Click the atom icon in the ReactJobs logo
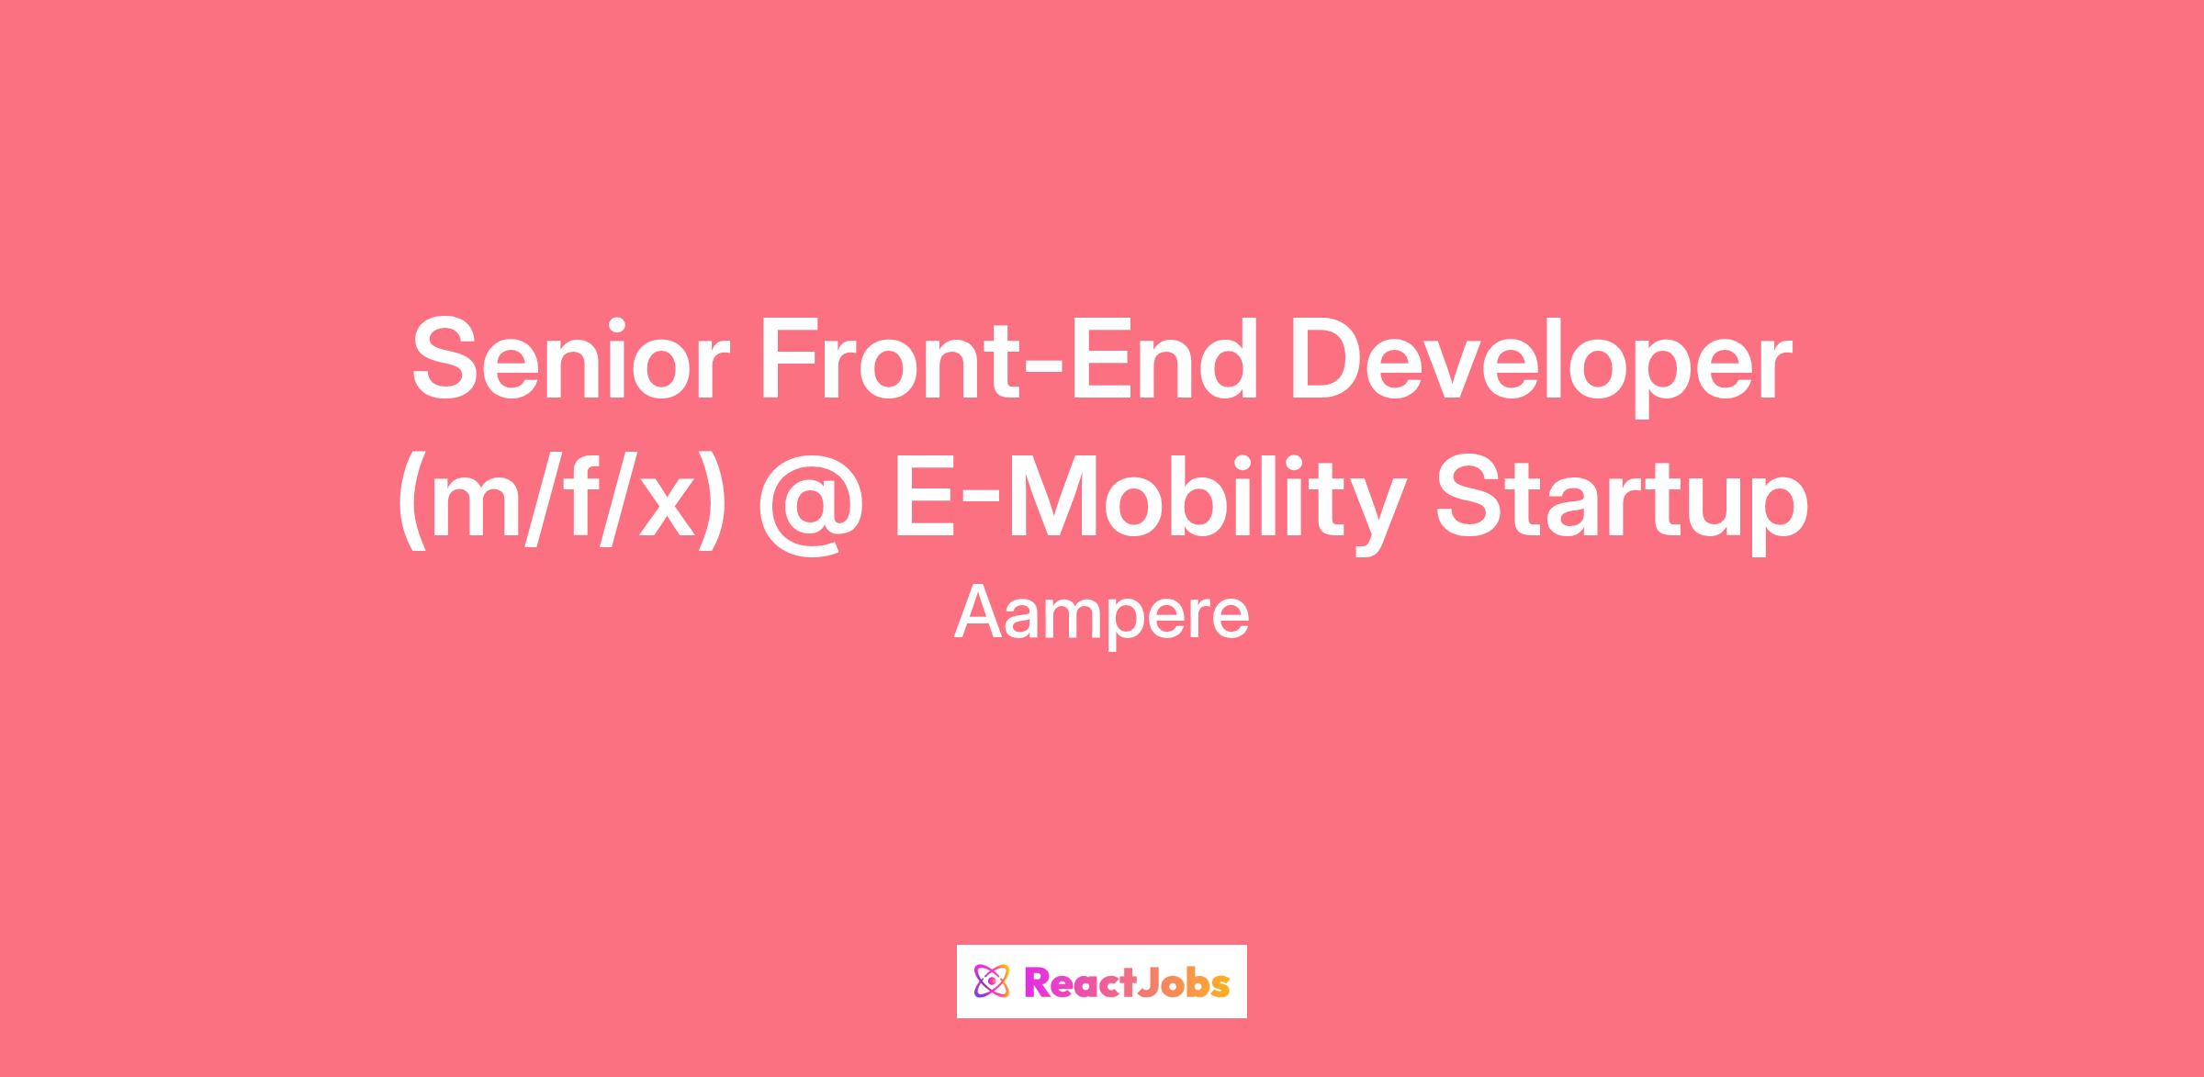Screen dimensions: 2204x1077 coord(990,982)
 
